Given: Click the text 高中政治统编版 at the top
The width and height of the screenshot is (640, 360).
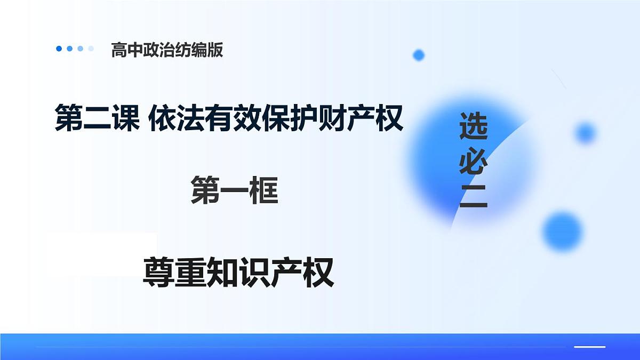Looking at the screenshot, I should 167,50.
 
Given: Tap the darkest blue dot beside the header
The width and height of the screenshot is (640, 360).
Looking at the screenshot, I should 59,49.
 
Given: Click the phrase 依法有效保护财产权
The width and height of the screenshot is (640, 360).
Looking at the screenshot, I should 276,118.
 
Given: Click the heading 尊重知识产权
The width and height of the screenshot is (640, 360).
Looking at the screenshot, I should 238,273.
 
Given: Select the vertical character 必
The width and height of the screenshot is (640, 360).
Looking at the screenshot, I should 473,162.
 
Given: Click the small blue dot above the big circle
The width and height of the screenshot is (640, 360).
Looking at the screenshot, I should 419,55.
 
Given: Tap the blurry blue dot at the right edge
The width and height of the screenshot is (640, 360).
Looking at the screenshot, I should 585,133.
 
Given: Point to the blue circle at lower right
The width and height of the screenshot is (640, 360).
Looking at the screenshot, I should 562,231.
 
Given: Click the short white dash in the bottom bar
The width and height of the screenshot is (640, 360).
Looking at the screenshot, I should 589,347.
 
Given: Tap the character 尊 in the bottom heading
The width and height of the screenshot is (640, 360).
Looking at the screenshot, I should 158,273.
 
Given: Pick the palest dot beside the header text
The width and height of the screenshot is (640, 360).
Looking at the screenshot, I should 91,49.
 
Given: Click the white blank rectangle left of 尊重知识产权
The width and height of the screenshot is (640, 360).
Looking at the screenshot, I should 101,254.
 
